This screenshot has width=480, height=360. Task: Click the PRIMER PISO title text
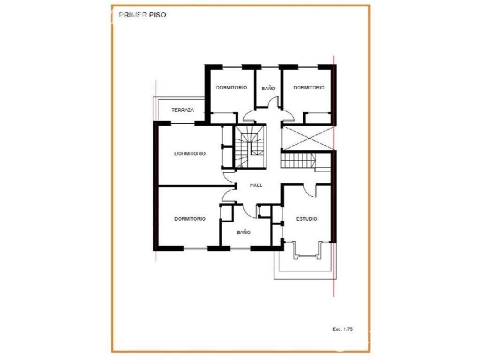pyautogui.click(x=142, y=15)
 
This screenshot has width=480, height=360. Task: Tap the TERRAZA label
pyautogui.click(x=183, y=110)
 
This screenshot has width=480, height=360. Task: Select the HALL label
pyautogui.click(x=256, y=185)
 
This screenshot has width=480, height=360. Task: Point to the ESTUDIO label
pyautogui.click(x=307, y=219)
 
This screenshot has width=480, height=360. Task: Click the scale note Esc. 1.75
pyautogui.click(x=343, y=329)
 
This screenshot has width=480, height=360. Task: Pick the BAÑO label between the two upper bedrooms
pyautogui.click(x=269, y=88)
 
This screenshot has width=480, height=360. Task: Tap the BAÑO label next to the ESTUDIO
pyautogui.click(x=244, y=232)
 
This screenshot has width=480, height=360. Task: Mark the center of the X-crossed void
pyautogui.click(x=307, y=138)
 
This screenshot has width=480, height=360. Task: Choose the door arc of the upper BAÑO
pyautogui.click(x=273, y=102)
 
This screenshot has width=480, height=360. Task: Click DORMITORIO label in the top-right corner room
pyautogui.click(x=309, y=88)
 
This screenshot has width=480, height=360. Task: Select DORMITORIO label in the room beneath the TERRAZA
pyautogui.click(x=190, y=154)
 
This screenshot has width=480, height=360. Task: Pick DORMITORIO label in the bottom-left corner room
pyautogui.click(x=190, y=219)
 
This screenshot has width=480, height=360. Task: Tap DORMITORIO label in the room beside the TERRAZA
pyautogui.click(x=232, y=88)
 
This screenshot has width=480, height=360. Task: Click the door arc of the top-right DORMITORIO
pyautogui.click(x=288, y=115)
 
